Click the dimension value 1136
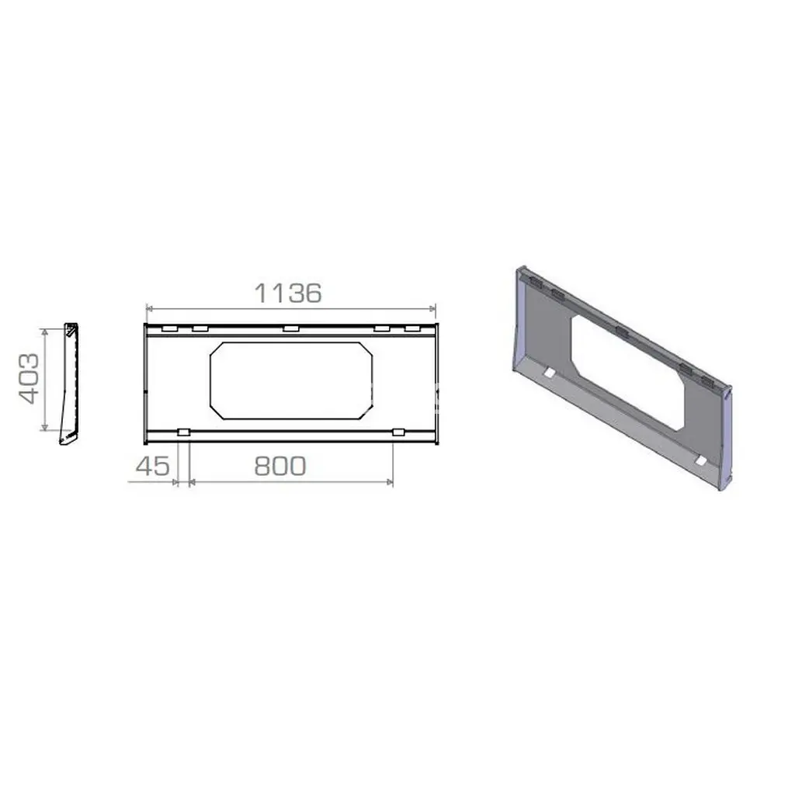tap(287, 293)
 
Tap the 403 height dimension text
tap(29, 378)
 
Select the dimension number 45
tap(153, 466)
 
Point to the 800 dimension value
tap(279, 466)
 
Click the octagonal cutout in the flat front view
tap(211, 380)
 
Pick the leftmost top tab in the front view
tap(169, 328)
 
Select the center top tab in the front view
tap(291, 328)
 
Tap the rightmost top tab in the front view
tap(412, 328)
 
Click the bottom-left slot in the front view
tap(183, 432)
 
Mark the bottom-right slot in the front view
tap(399, 432)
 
